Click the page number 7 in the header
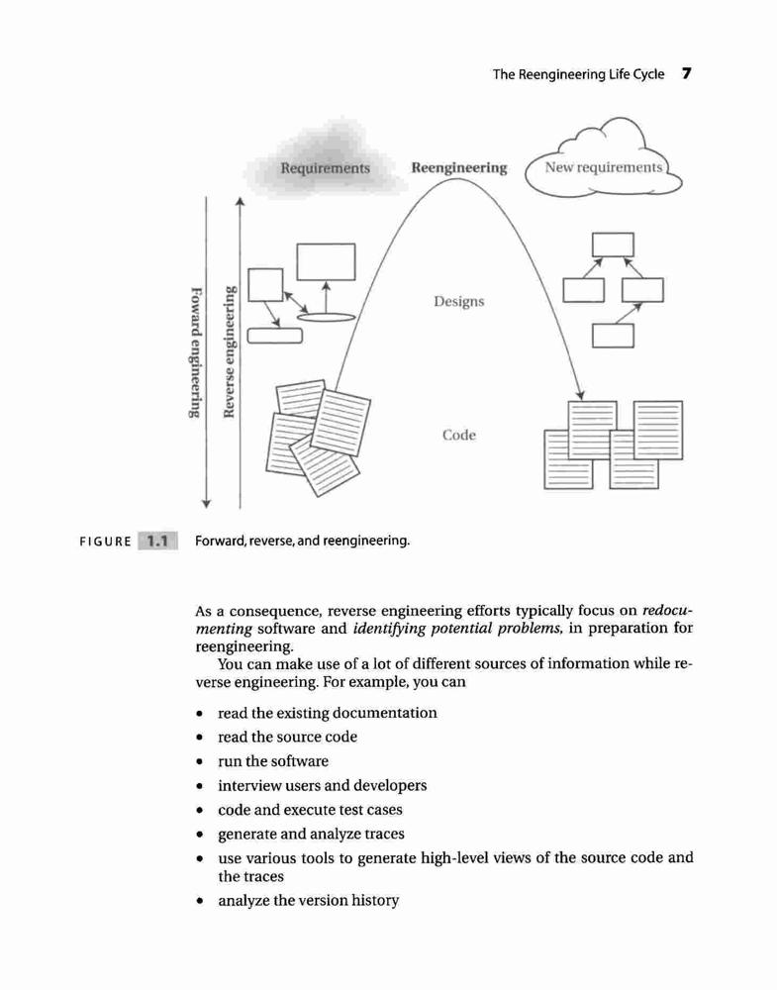pyautogui.click(x=687, y=73)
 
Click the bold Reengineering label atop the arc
pyautogui.click(x=459, y=168)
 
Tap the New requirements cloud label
pyautogui.click(x=604, y=167)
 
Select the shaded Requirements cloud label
pyautogui.click(x=325, y=168)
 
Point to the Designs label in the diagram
pyautogui.click(x=459, y=302)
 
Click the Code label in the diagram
pyautogui.click(x=459, y=435)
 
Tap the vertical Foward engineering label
pyautogui.click(x=197, y=352)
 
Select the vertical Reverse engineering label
pyautogui.click(x=230, y=351)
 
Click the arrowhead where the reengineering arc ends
pyautogui.click(x=580, y=395)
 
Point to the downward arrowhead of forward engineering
pyautogui.click(x=206, y=503)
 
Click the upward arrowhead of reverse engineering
pyautogui.click(x=240, y=202)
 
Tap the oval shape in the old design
pyautogui.click(x=326, y=317)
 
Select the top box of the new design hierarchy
pyautogui.click(x=613, y=245)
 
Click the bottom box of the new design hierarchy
pyautogui.click(x=613, y=336)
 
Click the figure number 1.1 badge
pyautogui.click(x=157, y=542)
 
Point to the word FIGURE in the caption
pyautogui.click(x=105, y=542)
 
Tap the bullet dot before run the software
pyautogui.click(x=200, y=762)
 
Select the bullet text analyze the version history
pyautogui.click(x=309, y=900)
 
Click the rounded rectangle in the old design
pyautogui.click(x=274, y=336)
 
